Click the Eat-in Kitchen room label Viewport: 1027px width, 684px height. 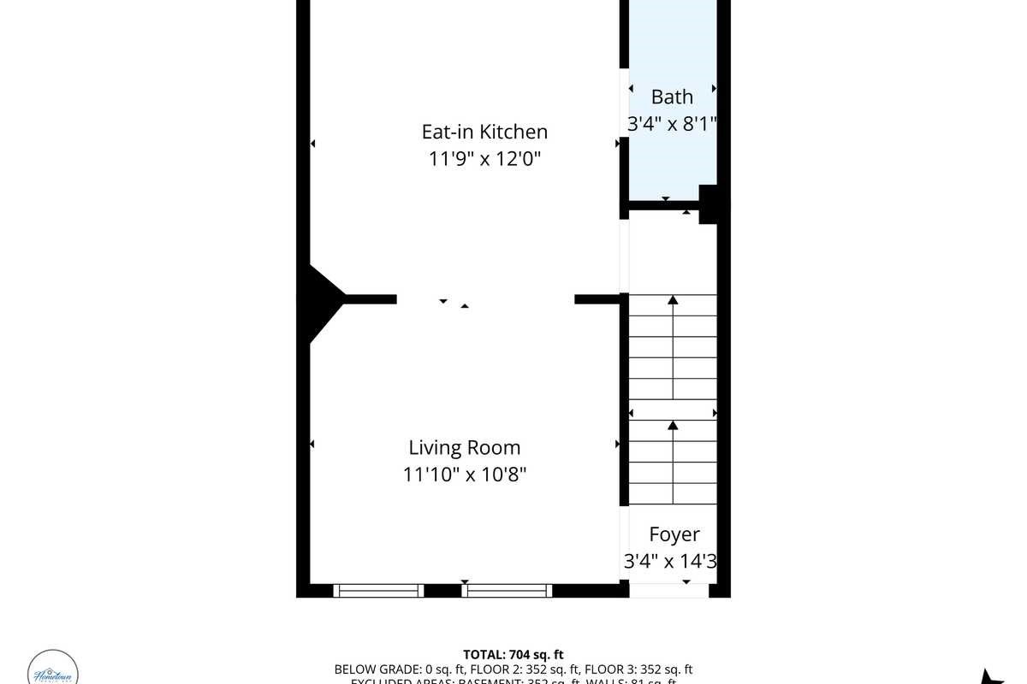[x=484, y=132]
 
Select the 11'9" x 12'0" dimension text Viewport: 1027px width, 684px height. [x=484, y=159]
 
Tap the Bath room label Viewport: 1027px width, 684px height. [x=672, y=97]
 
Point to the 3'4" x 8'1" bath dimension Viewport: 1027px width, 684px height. [x=672, y=124]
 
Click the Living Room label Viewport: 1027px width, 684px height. [x=464, y=447]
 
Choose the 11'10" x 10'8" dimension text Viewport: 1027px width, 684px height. [x=464, y=475]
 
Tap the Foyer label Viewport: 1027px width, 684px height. [x=674, y=534]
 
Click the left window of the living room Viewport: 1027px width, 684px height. [x=378, y=590]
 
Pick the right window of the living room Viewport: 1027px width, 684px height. [x=507, y=590]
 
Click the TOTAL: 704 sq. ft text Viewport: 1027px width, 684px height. [x=513, y=655]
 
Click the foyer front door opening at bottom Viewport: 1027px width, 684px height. [x=673, y=590]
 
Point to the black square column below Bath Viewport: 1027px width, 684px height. [x=708, y=204]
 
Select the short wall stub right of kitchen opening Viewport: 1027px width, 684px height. [x=596, y=299]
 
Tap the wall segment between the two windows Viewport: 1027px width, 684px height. [x=442, y=590]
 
